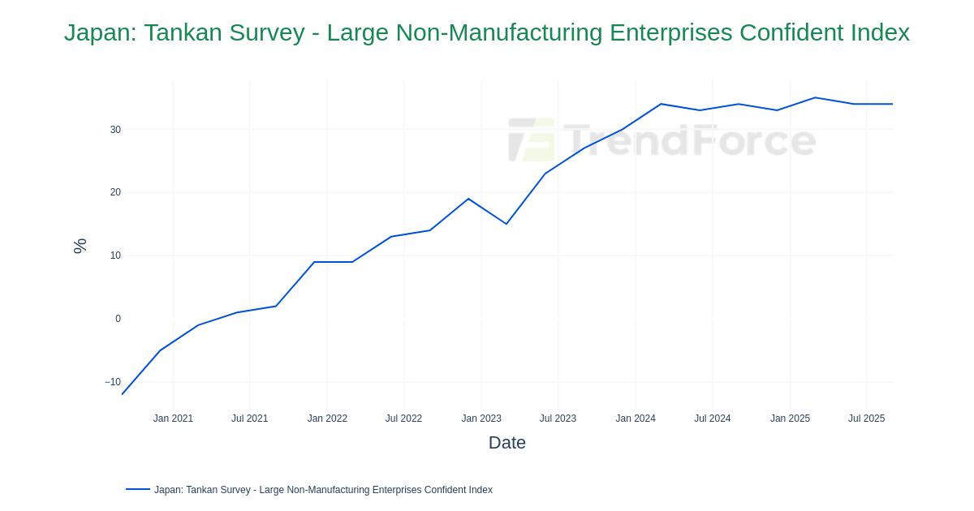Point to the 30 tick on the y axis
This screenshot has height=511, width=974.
(x=115, y=130)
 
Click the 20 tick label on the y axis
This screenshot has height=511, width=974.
(x=115, y=192)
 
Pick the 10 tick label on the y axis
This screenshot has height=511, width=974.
(x=115, y=255)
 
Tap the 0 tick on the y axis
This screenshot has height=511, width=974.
(x=118, y=319)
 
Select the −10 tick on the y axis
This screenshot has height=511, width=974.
(x=113, y=382)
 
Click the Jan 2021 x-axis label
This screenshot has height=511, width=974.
(x=173, y=419)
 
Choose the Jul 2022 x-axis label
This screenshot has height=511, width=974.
(x=403, y=419)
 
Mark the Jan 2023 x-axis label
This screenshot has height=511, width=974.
(x=481, y=419)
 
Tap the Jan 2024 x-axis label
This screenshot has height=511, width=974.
(x=636, y=419)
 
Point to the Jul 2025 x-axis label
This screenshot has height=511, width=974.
(x=866, y=419)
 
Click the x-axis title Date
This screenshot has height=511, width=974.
(x=506, y=443)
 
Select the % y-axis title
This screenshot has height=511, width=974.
(x=80, y=246)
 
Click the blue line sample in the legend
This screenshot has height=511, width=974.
(x=138, y=489)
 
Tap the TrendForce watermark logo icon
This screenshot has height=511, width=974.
(x=532, y=140)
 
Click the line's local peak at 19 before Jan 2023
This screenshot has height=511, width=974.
(x=468, y=199)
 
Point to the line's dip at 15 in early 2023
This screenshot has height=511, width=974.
(x=506, y=224)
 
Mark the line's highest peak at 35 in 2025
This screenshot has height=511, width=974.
(x=815, y=98)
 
